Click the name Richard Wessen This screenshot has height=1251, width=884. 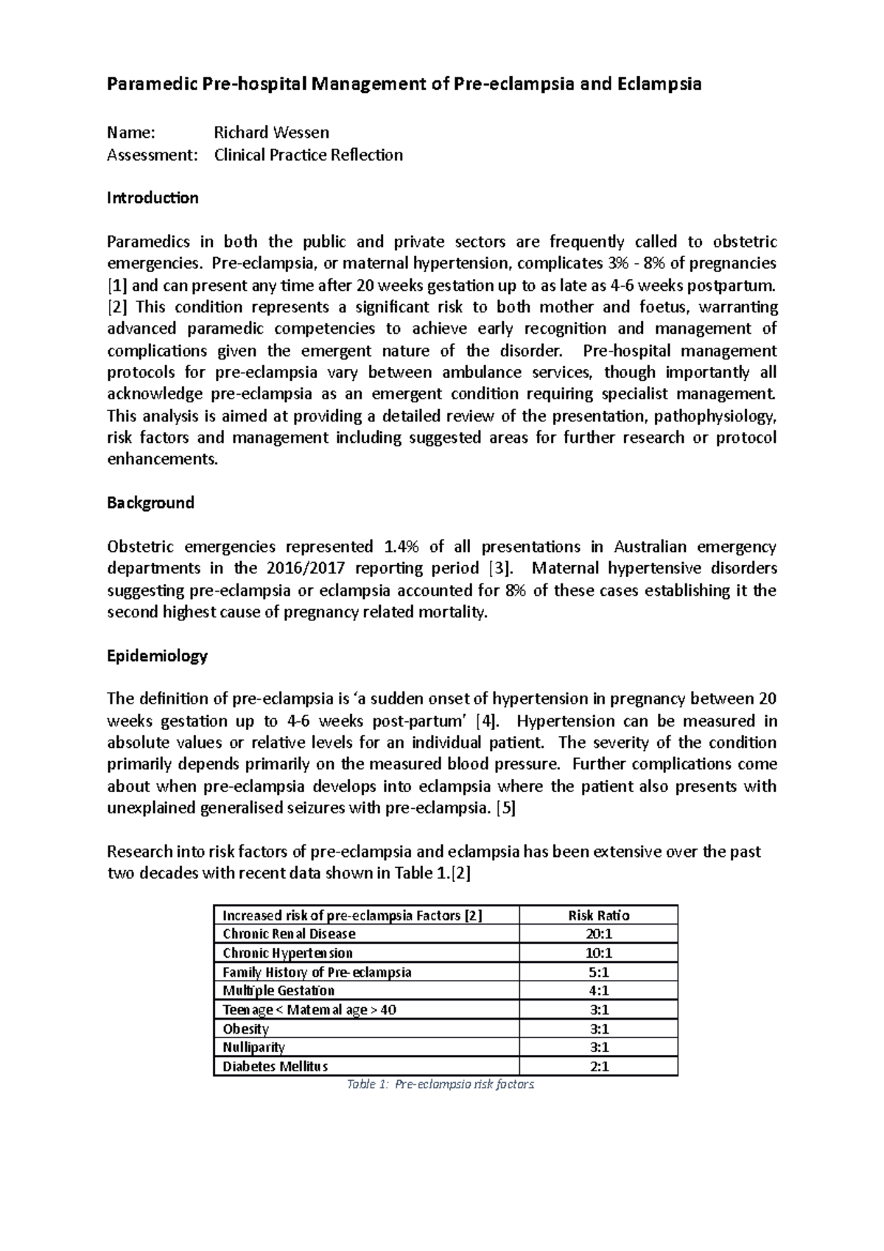[271, 133]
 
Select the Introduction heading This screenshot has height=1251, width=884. [152, 198]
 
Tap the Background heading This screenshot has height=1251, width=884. [150, 503]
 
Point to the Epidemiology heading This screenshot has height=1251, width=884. [157, 656]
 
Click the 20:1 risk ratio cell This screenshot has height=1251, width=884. [598, 934]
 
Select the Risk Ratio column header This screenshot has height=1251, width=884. [598, 916]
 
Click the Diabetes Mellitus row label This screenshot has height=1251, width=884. [275, 1067]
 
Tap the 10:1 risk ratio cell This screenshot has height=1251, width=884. [598, 953]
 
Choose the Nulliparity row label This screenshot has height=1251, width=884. [253, 1048]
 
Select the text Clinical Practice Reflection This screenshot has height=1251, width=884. [308, 155]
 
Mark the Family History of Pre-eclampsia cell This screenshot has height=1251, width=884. [317, 973]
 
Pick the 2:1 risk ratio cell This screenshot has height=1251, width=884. [598, 1067]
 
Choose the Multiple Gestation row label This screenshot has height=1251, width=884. [278, 991]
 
